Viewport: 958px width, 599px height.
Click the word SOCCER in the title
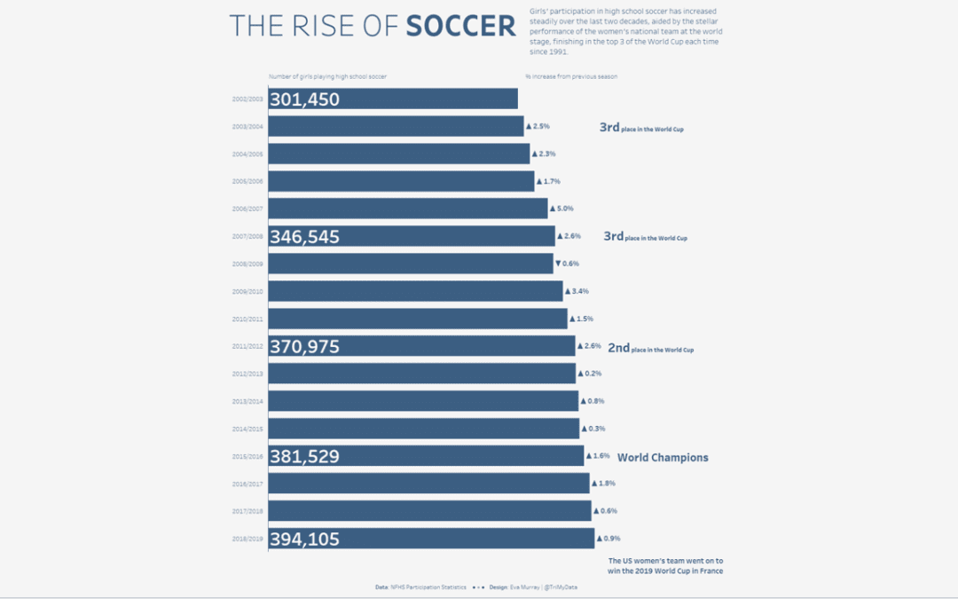click(460, 26)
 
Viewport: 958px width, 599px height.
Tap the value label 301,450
click(304, 99)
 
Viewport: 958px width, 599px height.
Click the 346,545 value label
click(304, 237)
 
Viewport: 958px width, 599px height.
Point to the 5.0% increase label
click(561, 209)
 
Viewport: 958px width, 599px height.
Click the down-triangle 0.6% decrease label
click(567, 264)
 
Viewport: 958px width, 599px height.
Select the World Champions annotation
click(663, 458)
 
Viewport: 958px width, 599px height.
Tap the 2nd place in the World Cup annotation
click(650, 349)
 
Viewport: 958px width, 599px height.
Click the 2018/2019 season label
click(247, 539)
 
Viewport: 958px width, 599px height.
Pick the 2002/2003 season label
click(247, 99)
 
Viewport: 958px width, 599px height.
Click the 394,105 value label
click(304, 540)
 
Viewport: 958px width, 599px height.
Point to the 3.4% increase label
click(577, 291)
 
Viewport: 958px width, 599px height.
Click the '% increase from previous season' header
click(570, 76)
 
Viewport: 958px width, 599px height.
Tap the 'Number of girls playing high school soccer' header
click(327, 76)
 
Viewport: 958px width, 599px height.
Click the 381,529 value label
click(304, 457)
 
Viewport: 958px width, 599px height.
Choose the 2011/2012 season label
click(247, 346)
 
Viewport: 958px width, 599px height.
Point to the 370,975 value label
click(304, 347)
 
